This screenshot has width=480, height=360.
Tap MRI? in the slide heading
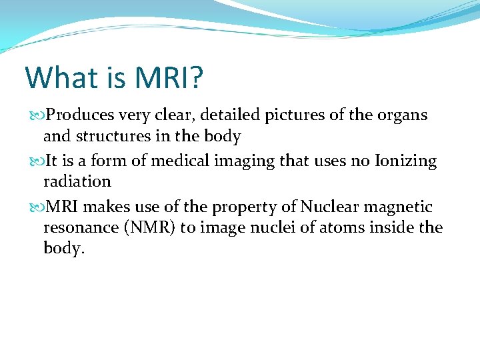pyautogui.click(x=169, y=77)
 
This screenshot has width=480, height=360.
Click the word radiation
pyautogui.click(x=77, y=182)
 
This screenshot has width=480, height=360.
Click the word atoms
pyautogui.click(x=347, y=228)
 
